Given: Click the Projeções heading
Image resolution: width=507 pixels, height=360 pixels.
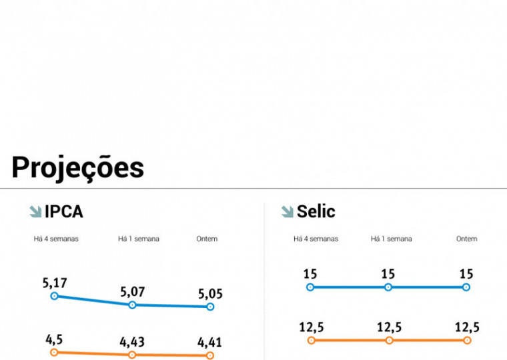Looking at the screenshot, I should (77, 167).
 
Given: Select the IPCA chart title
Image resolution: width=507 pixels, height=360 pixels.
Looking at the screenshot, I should (64, 212).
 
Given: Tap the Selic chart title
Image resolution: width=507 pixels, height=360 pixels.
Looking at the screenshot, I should (316, 212).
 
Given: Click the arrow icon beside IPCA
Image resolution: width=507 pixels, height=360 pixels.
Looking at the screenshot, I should (35, 212).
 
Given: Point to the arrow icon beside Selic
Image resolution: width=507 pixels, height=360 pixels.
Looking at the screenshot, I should (288, 212).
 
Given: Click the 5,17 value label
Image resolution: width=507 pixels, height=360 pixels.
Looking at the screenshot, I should (55, 283).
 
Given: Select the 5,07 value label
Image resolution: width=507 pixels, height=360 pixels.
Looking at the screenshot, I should (132, 291).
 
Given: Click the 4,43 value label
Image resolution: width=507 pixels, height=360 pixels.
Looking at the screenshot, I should (132, 342).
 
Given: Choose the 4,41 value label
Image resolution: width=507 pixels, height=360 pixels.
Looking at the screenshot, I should (209, 343).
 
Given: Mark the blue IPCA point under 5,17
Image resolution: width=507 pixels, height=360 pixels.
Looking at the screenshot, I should (55, 296).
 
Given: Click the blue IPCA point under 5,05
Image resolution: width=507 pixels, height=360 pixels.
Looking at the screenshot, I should (210, 307).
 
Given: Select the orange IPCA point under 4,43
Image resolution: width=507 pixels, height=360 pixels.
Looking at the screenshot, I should (132, 355).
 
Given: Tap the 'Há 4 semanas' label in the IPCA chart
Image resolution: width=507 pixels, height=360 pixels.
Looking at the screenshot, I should (56, 239).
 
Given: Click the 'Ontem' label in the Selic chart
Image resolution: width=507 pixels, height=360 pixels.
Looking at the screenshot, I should (466, 239).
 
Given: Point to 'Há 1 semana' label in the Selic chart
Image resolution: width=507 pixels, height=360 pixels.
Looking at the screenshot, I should (392, 239).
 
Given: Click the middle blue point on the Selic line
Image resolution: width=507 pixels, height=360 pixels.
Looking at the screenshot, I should (388, 287).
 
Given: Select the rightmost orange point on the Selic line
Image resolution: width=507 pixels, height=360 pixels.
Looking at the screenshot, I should (466, 340).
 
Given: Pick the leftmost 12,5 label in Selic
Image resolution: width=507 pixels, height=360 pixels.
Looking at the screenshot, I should (310, 327).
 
